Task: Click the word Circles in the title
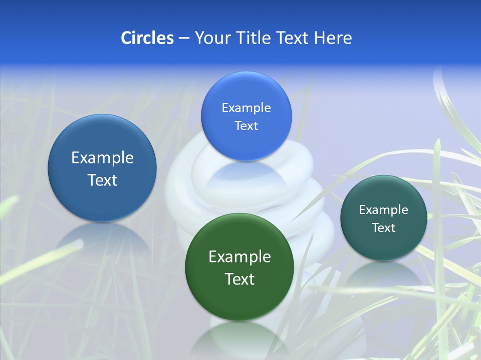coord(147,38)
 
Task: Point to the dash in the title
coord(183,38)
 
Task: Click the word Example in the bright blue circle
coord(246,108)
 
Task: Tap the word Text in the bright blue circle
coord(246,126)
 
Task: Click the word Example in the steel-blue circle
coord(102,158)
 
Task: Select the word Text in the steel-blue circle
coord(102,180)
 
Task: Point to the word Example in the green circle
coord(239,257)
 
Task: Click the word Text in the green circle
coord(239,279)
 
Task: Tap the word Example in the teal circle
coord(384,210)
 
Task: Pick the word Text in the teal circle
coord(384,228)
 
